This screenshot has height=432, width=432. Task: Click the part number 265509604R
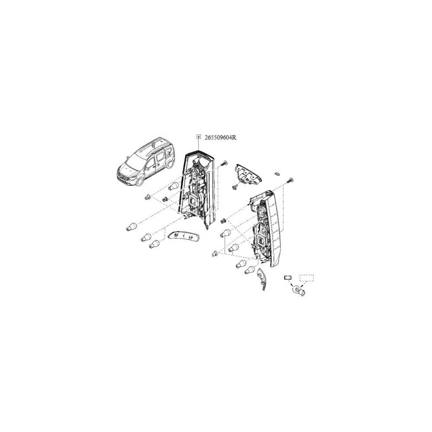tap(220, 137)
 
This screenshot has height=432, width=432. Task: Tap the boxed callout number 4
tap(198, 137)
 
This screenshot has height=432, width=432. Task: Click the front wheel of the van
tap(140, 182)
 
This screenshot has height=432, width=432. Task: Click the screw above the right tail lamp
tap(290, 181)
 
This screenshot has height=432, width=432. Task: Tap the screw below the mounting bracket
tap(235, 187)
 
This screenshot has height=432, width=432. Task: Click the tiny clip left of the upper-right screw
tap(278, 173)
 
